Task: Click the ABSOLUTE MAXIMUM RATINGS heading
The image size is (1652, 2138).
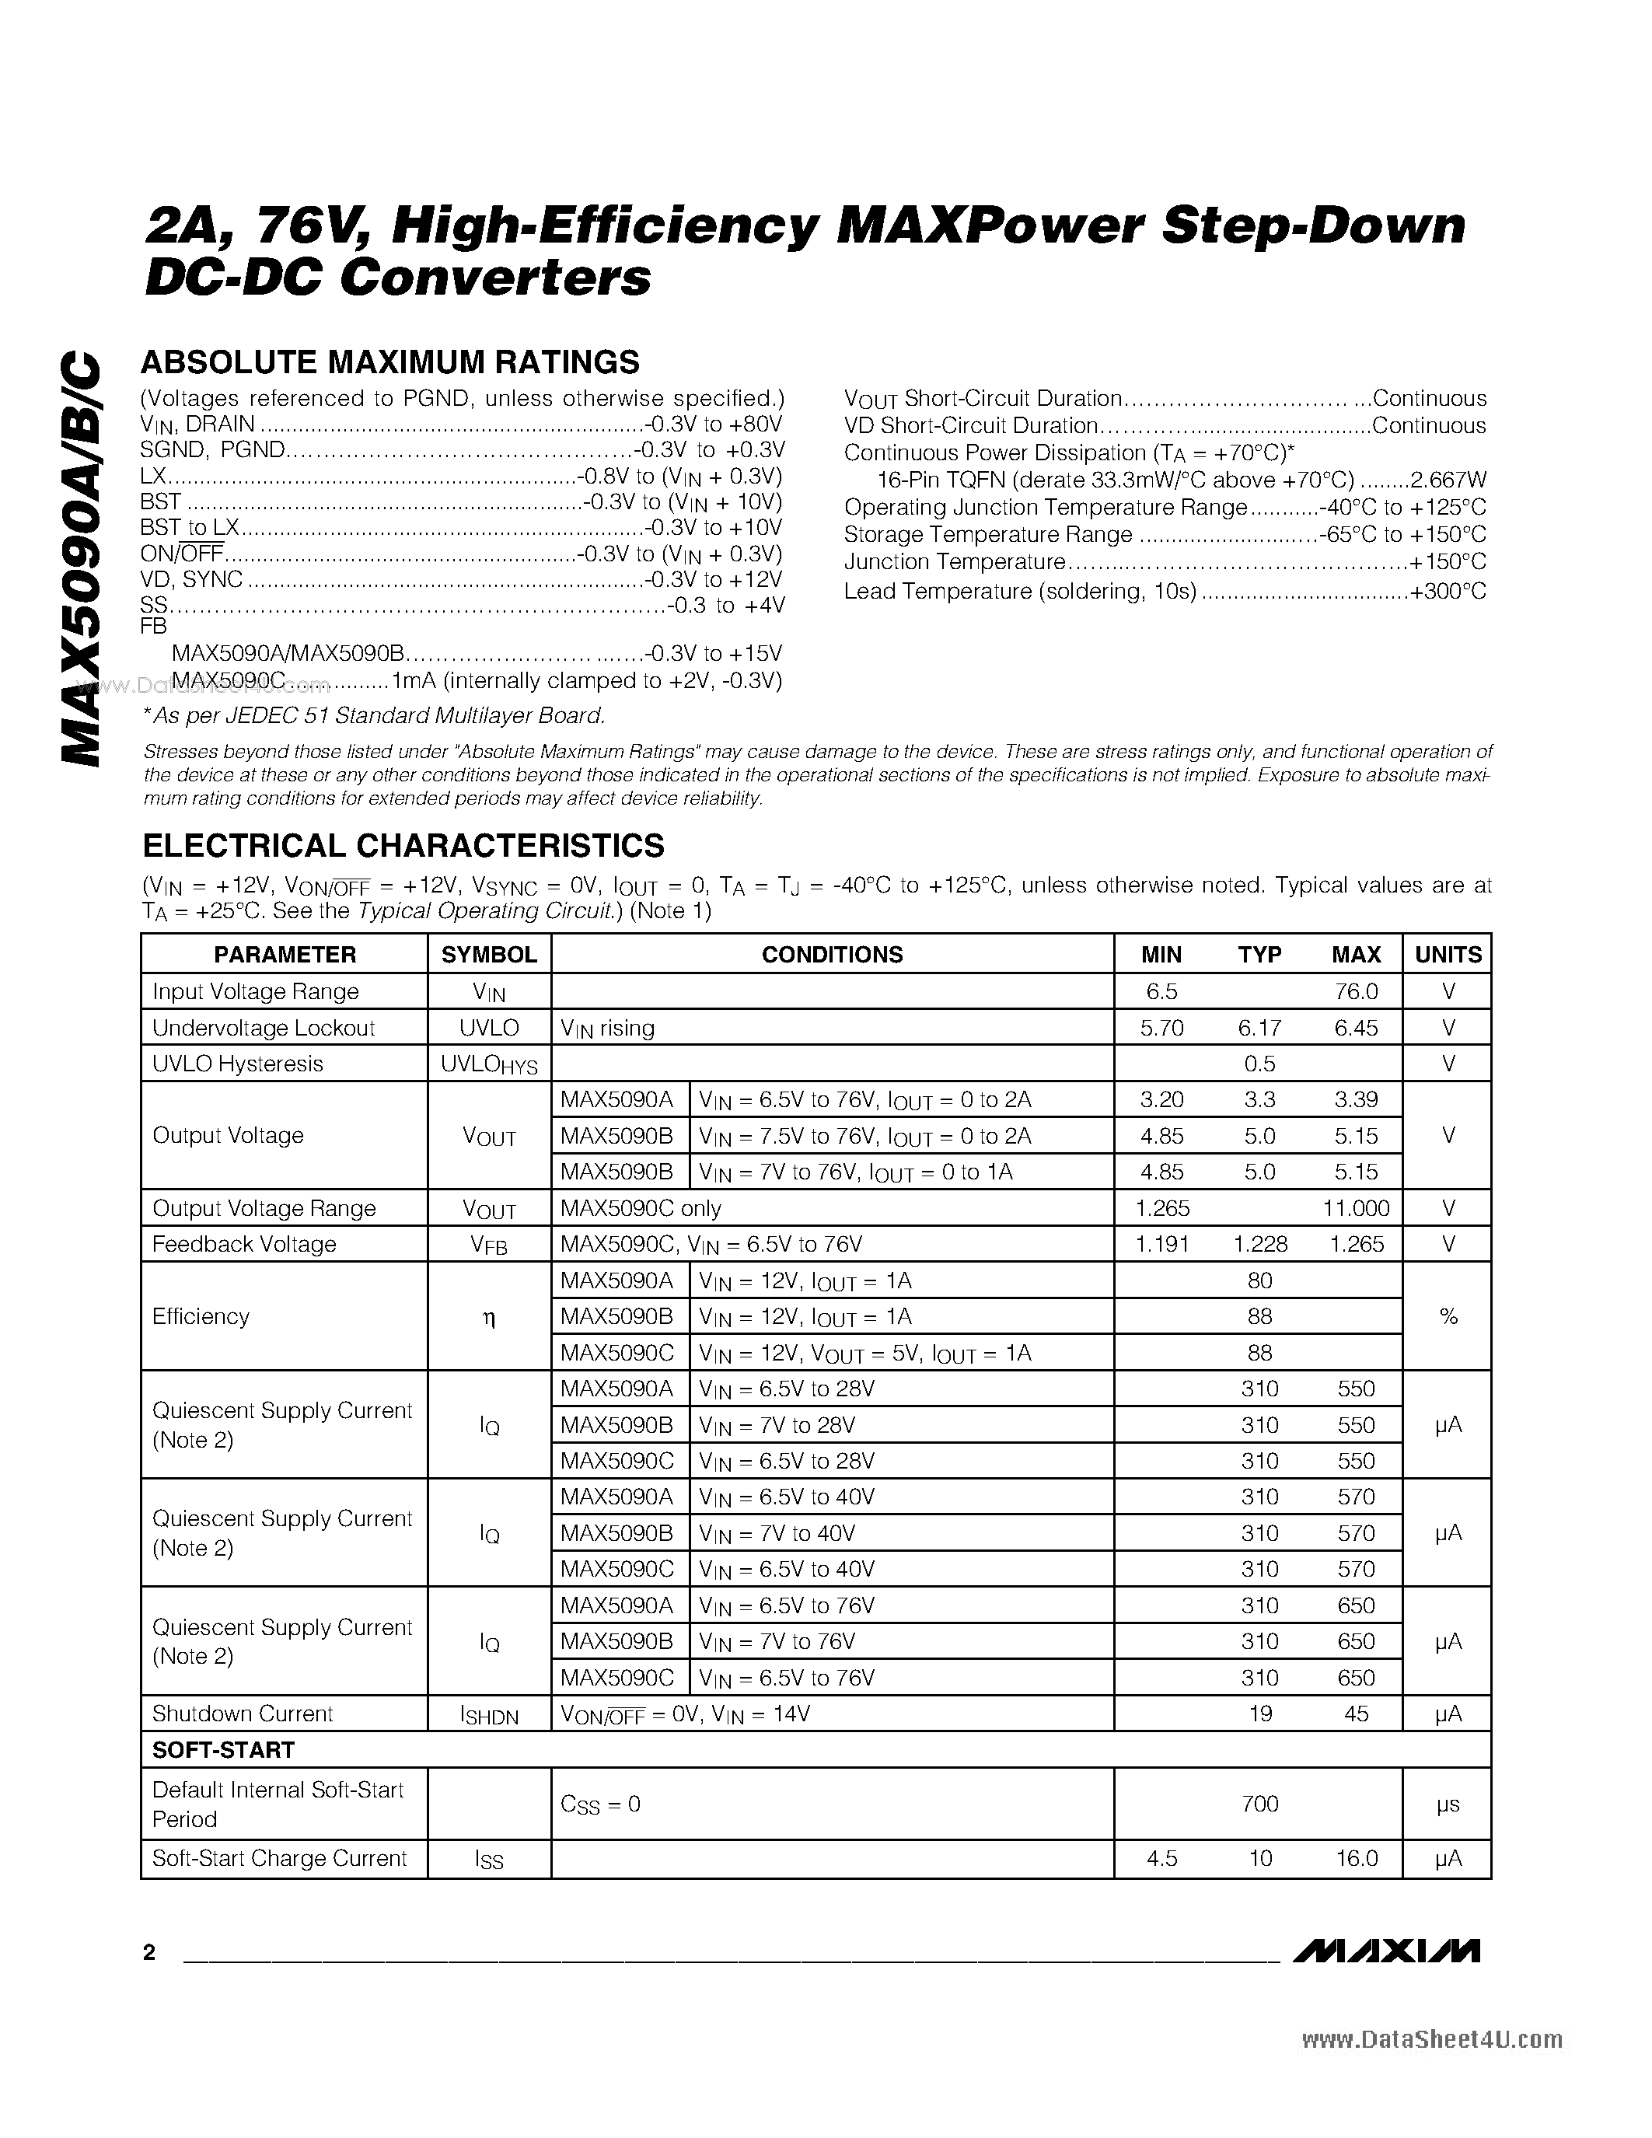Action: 389,363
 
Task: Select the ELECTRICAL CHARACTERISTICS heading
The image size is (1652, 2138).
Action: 403,845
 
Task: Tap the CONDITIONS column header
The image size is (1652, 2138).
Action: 832,955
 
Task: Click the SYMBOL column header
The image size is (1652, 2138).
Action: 488,955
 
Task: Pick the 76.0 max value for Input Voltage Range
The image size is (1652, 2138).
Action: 1356,992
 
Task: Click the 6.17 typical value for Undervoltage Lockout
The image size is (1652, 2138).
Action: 1259,1028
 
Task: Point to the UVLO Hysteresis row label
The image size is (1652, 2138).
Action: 238,1064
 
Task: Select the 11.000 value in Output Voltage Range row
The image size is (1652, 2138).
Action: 1356,1208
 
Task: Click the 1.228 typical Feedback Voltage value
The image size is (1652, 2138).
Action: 1259,1244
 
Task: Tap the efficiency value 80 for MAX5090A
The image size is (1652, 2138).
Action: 1259,1280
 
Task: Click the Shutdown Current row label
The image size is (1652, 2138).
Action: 243,1714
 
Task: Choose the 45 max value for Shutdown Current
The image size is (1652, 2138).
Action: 1356,1714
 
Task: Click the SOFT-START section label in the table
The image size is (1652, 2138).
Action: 223,1750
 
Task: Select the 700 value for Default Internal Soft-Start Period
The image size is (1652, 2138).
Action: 1259,1803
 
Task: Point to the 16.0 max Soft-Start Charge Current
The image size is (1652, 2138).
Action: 1356,1858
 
